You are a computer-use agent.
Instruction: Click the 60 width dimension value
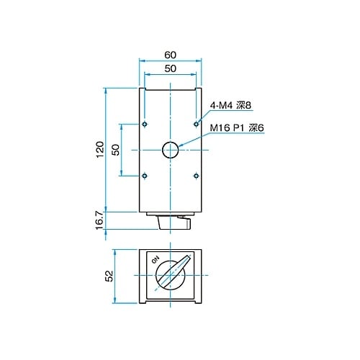pyautogui.click(x=170, y=55)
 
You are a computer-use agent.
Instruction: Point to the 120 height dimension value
pyautogui.click(x=100, y=150)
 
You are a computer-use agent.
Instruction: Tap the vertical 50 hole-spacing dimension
pyautogui.click(x=115, y=149)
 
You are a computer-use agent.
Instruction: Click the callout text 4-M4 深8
pyautogui.click(x=230, y=106)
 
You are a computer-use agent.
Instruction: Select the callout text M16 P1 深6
pyautogui.click(x=237, y=128)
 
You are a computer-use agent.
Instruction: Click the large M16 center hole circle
pyautogui.click(x=170, y=150)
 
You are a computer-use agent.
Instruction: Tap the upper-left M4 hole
pyautogui.click(x=145, y=124)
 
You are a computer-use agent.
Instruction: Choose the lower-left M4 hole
pyautogui.click(x=145, y=175)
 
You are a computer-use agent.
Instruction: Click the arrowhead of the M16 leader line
pyautogui.click(x=181, y=146)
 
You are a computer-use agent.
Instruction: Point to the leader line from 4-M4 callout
pyautogui.click(x=204, y=116)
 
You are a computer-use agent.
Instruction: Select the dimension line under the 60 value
pyautogui.click(x=170, y=61)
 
